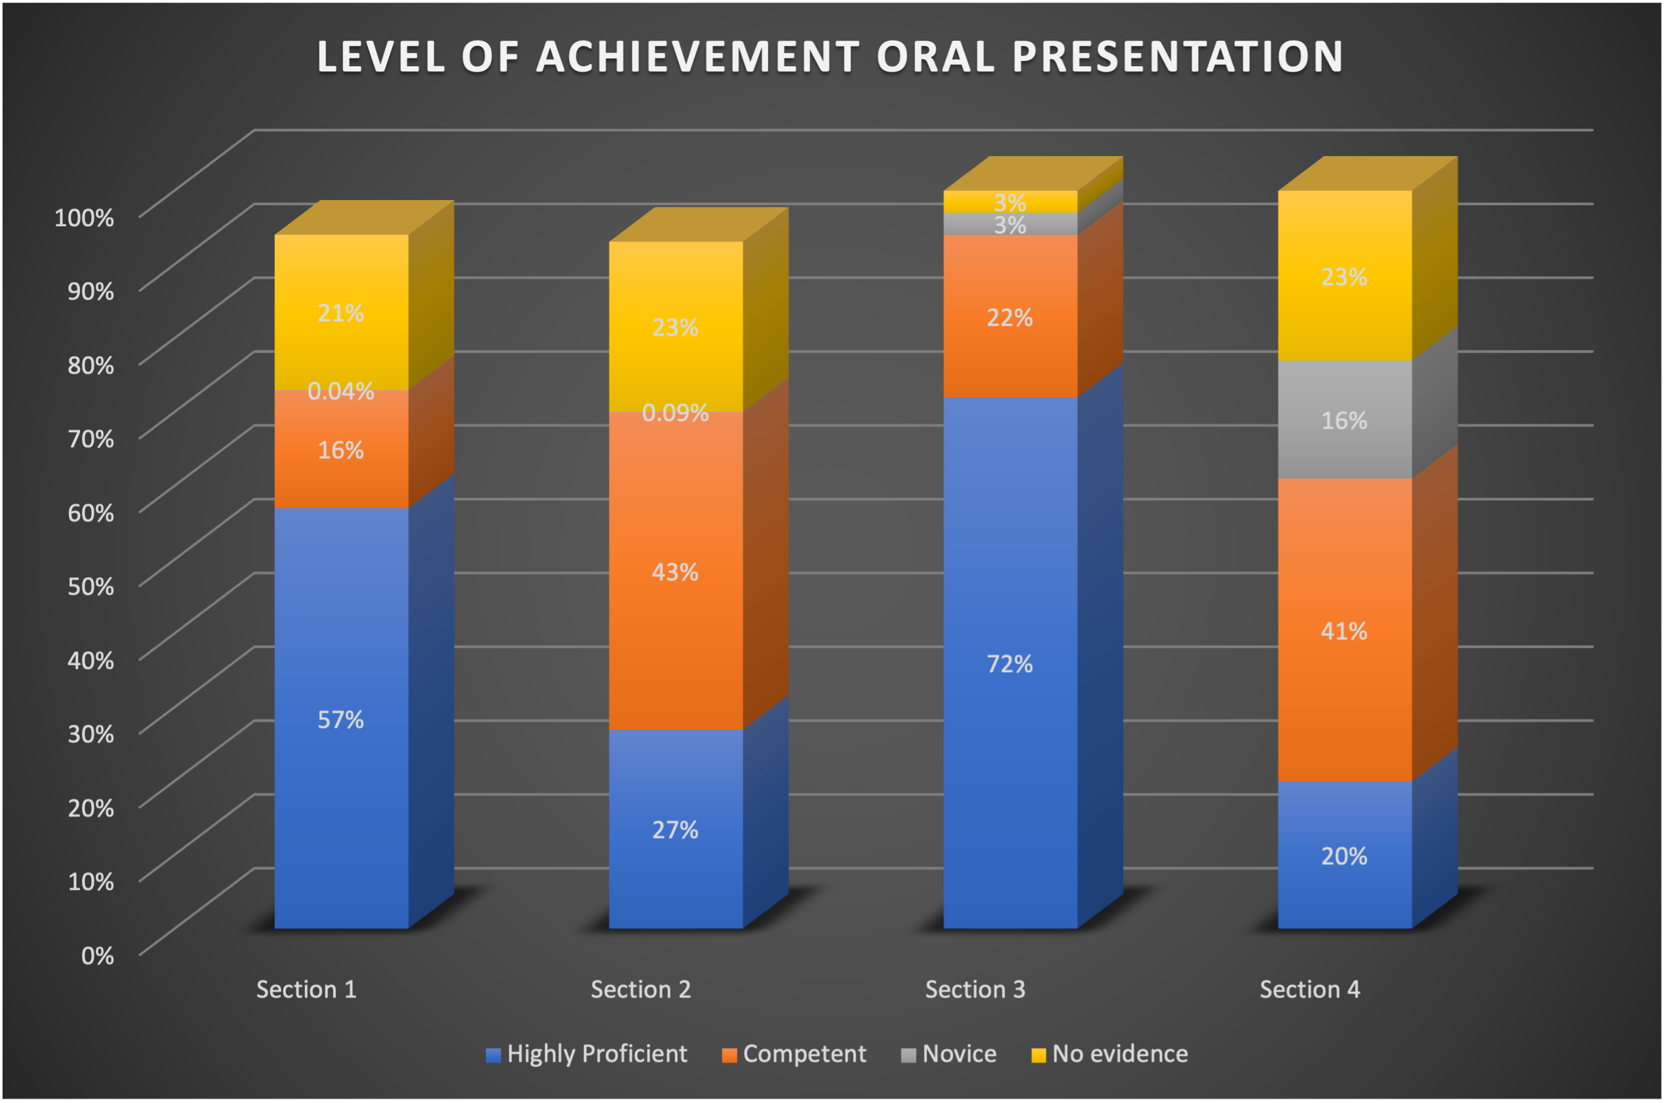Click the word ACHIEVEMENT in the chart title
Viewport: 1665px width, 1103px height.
click(696, 56)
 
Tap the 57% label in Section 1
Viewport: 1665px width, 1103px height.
click(340, 719)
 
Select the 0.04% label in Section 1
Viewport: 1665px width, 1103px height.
click(340, 391)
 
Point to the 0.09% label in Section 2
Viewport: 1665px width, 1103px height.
click(675, 413)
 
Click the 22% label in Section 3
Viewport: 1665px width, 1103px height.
click(1010, 318)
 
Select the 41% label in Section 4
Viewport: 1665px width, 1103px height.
click(1344, 631)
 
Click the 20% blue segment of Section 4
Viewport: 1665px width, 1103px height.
click(1344, 879)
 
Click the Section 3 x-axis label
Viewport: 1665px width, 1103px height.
click(975, 990)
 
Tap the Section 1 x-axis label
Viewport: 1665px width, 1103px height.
click(306, 990)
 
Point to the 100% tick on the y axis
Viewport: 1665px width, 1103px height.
click(84, 217)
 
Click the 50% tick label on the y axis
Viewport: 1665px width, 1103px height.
click(90, 586)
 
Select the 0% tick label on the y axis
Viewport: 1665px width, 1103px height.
click(97, 955)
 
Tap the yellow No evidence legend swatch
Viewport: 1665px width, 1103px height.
click(1038, 1055)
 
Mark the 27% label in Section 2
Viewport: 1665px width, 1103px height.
click(675, 830)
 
